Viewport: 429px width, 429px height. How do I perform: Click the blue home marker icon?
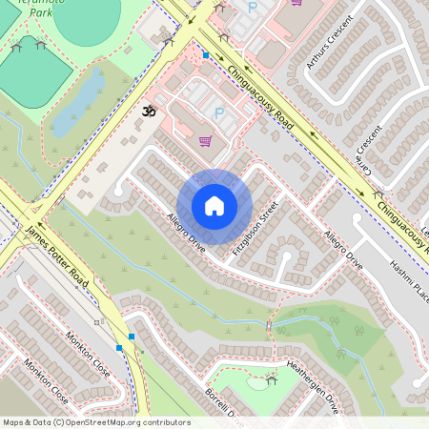click(214, 206)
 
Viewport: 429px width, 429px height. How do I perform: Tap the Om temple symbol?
click(148, 112)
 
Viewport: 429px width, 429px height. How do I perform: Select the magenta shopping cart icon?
click(205, 141)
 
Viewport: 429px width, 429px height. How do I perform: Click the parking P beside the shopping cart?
click(218, 113)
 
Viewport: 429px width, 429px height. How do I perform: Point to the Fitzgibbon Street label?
click(254, 229)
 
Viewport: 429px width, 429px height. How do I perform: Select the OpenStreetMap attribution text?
click(95, 421)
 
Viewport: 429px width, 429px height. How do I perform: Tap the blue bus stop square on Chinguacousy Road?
click(205, 55)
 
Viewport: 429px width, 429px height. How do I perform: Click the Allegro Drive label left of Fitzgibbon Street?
click(186, 232)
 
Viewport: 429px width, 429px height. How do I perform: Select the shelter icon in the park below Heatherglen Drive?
click(271, 380)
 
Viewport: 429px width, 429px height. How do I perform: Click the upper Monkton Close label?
click(87, 354)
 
